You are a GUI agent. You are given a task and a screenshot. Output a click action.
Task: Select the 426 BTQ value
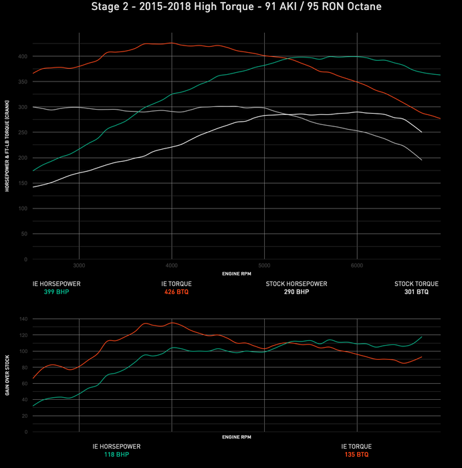click(x=177, y=292)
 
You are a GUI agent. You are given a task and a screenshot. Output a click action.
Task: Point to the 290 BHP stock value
click(x=296, y=292)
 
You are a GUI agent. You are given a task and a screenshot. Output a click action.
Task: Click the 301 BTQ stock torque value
click(x=416, y=292)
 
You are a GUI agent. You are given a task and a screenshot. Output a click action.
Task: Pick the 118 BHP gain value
click(x=116, y=455)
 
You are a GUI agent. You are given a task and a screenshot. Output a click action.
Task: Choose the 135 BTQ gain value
click(x=356, y=455)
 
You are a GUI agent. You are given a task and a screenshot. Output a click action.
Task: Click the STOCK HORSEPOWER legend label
click(x=296, y=283)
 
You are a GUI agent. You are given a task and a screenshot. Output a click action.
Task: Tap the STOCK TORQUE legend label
click(x=416, y=283)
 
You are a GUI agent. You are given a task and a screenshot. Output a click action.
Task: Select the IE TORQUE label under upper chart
click(x=177, y=283)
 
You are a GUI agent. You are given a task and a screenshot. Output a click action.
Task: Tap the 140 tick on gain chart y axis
click(x=24, y=319)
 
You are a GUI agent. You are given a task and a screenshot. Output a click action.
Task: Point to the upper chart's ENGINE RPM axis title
click(x=236, y=273)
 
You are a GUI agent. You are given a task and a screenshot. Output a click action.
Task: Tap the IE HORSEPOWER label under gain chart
click(x=116, y=446)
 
